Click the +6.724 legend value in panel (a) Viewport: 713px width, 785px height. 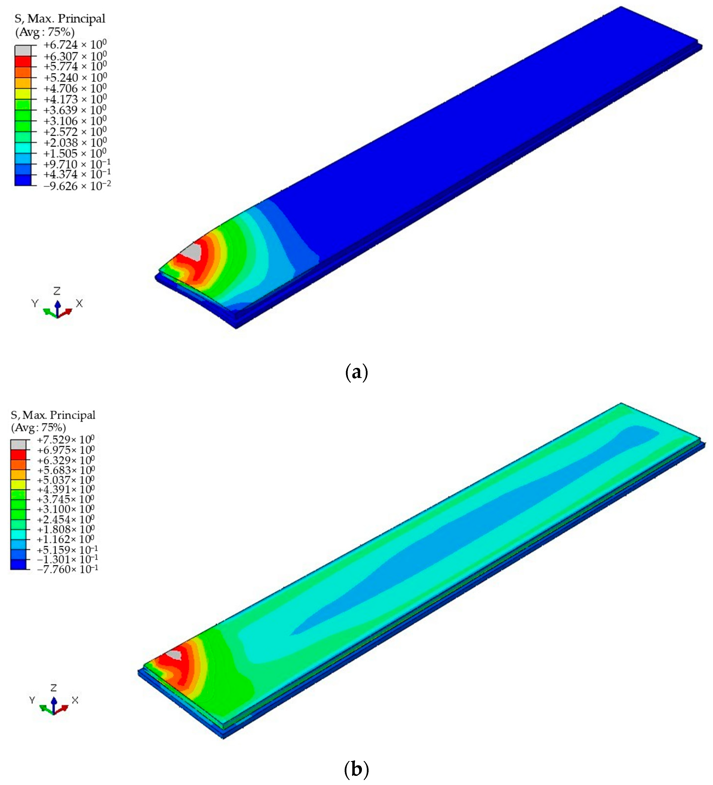point(75,45)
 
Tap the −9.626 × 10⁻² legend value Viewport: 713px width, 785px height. point(77,186)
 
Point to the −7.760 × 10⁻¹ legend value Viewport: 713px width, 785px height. point(67,569)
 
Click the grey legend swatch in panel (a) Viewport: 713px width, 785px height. point(23,51)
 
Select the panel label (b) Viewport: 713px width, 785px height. point(356,769)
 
